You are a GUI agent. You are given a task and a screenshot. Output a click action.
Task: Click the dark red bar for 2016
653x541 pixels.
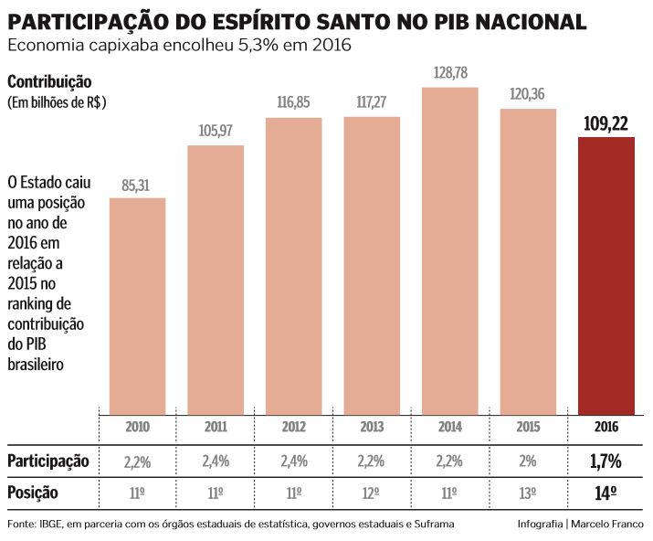pos(606,274)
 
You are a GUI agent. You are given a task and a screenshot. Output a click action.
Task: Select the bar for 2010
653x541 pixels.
pos(137,305)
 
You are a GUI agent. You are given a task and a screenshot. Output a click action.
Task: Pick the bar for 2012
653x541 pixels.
pos(293,265)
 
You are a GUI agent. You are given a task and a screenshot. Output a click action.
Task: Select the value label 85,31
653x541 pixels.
pos(137,186)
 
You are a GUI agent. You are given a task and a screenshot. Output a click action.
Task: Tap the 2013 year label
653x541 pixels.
pos(372,427)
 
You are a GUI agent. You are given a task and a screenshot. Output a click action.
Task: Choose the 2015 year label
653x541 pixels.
pos(529,427)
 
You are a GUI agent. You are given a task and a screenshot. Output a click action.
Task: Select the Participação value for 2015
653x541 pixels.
pos(529,461)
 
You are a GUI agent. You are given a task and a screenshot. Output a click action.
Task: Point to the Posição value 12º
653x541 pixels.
pos(372,493)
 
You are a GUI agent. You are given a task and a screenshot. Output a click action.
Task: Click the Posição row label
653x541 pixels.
pos(33,493)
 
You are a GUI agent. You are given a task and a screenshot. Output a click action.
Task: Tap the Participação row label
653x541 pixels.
pos(48,461)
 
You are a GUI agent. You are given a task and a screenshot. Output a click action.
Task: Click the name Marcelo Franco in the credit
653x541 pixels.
pos(609,524)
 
